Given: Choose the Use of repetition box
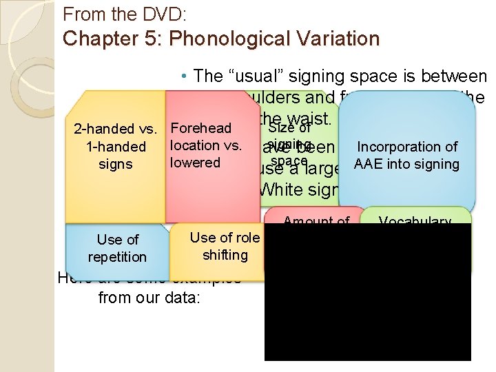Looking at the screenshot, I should (117, 248).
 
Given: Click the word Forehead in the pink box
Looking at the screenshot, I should (200, 129).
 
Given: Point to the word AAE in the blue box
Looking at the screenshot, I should (369, 164).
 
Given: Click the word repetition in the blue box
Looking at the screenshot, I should (117, 257).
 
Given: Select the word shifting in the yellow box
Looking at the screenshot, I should (225, 255).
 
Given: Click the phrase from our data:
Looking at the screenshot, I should (145, 298).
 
